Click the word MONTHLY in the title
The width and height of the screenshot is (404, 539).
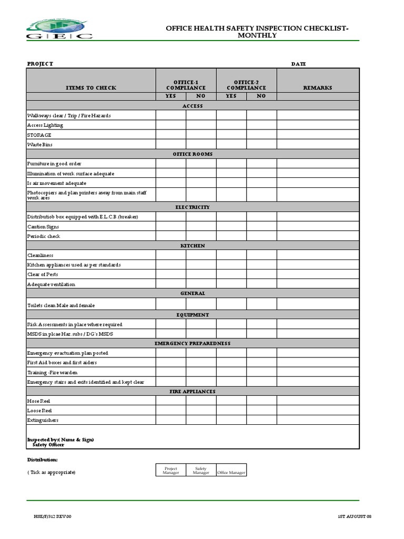tap(257, 35)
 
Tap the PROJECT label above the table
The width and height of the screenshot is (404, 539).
tap(40, 64)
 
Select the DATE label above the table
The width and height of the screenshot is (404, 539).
tap(298, 64)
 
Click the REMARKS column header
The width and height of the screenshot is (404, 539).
tap(318, 87)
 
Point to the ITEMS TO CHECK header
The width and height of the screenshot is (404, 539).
tap(91, 87)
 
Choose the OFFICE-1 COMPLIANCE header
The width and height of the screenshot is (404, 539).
tap(186, 85)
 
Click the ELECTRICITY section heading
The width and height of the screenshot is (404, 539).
tap(193, 207)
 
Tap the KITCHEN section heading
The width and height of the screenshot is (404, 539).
tap(193, 246)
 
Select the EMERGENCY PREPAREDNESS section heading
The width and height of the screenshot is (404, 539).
tap(193, 343)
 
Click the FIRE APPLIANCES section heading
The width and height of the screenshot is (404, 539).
tap(193, 392)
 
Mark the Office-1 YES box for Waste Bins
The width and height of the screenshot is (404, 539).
tap(170, 144)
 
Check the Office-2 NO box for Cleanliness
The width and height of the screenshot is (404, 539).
tap(261, 255)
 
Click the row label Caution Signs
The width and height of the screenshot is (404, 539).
tap(43, 226)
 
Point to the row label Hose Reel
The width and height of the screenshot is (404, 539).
tap(39, 401)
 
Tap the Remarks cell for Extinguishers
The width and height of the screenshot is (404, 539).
tap(318, 420)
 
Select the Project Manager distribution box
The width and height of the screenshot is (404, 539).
tap(171, 470)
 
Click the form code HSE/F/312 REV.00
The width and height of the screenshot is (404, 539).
tap(52, 516)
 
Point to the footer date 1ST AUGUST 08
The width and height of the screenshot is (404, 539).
tap(354, 516)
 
